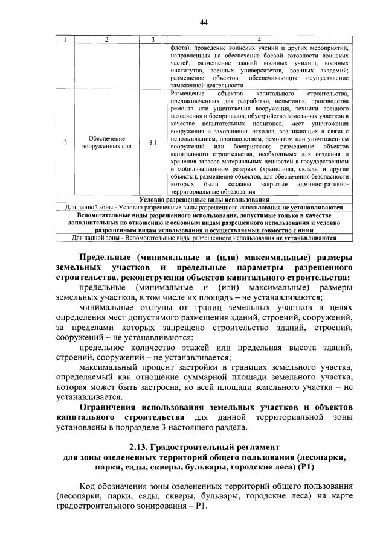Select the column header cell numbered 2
pyautogui.click(x=106, y=40)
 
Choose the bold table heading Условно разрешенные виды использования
pyautogui.click(x=204, y=199)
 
